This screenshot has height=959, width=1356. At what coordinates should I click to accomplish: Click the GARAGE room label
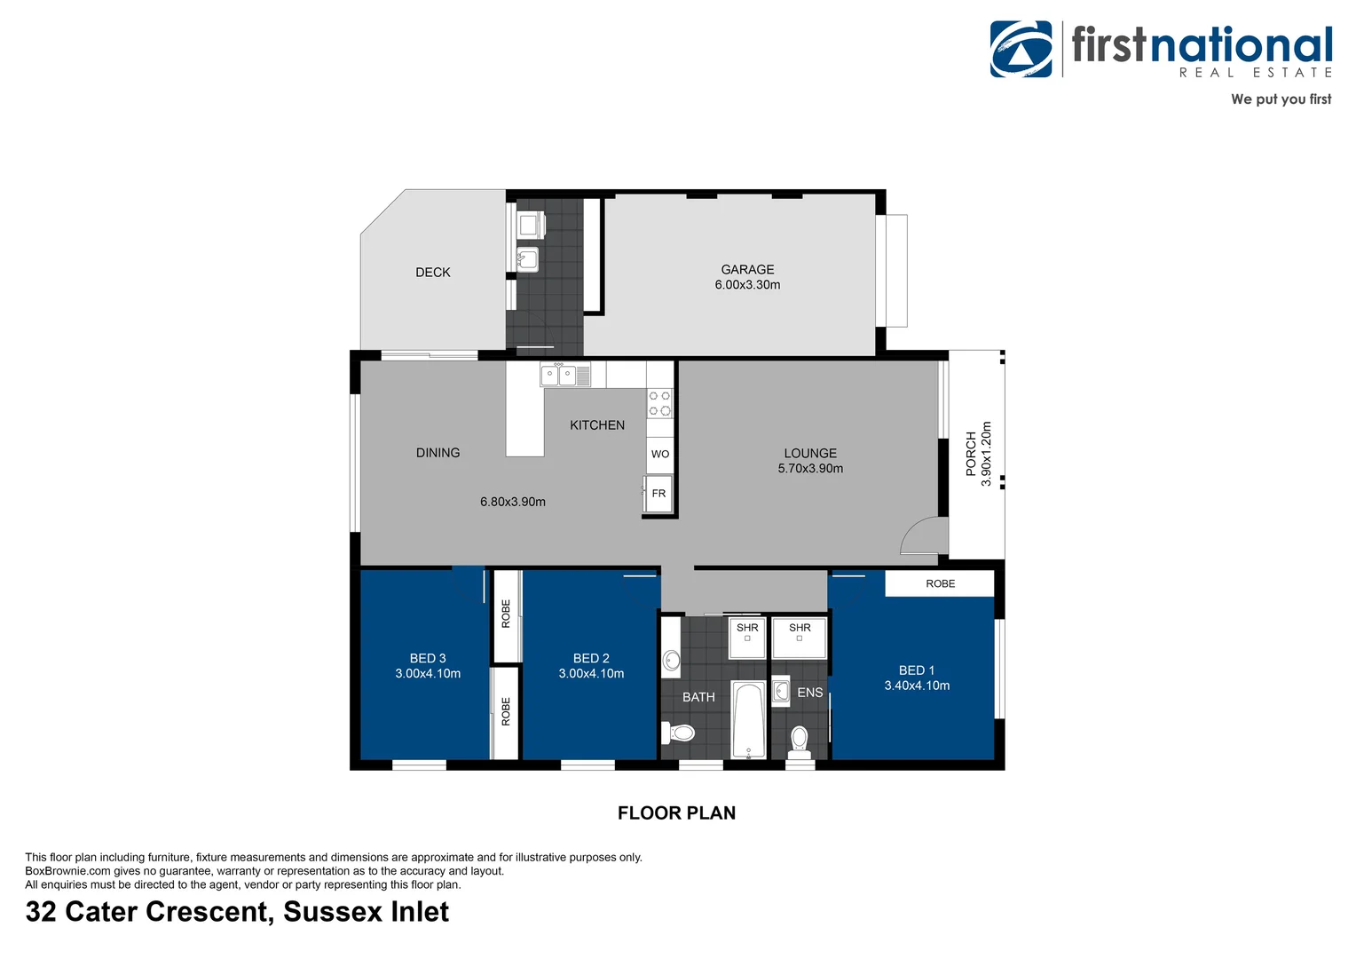coord(747,269)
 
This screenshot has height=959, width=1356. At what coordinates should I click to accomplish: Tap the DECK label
coord(433,273)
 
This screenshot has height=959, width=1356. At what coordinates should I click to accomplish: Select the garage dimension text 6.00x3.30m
coord(747,285)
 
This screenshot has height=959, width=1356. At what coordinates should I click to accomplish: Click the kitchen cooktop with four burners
coord(659,403)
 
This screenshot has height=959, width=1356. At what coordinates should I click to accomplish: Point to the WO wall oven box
coord(659,455)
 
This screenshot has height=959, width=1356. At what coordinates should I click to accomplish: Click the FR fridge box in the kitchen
coord(658,494)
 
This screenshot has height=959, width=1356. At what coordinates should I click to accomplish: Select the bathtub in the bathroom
coord(748,719)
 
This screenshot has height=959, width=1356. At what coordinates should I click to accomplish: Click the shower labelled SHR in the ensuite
coord(800,637)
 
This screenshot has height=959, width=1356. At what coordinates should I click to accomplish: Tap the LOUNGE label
coord(810,453)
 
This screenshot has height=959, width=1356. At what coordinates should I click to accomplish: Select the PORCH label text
coord(971,453)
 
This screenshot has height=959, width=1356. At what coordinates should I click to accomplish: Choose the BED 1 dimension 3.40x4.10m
coord(917,686)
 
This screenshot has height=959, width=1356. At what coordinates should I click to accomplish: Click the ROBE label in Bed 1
coord(940,583)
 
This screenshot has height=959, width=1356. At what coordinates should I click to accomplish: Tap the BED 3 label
coord(428,658)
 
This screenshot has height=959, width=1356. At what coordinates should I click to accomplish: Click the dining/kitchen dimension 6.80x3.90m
coord(513,502)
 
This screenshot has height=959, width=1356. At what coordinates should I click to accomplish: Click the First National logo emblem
coord(1021,50)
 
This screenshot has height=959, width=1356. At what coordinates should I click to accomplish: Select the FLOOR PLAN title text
coord(676,812)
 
